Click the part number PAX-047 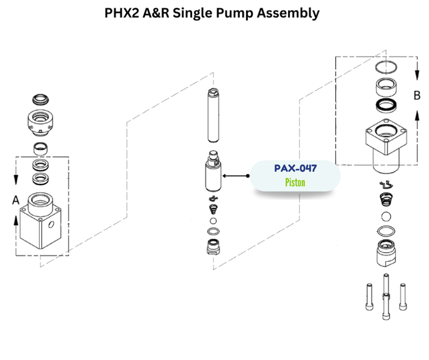295,168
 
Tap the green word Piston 295,182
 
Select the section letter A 16,200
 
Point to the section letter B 416,96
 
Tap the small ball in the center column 213,221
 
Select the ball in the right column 386,217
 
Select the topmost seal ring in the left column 40,100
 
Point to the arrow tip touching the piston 224,175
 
